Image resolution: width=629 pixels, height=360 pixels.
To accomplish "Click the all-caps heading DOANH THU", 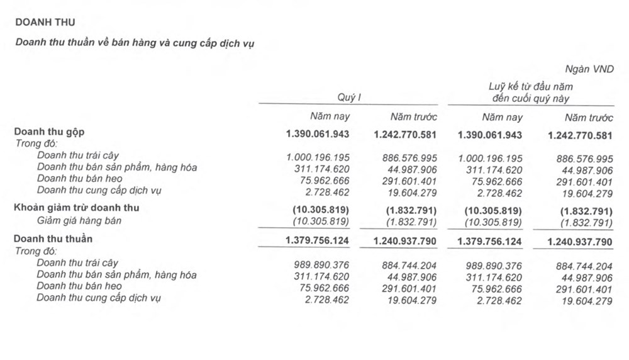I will point(45,22).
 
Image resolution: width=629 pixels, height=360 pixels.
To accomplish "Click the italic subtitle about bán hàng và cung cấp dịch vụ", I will point(135,43).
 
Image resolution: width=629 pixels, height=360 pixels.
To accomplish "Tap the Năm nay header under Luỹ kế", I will point(502,117).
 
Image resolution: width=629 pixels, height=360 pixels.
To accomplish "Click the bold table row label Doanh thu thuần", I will point(53,239).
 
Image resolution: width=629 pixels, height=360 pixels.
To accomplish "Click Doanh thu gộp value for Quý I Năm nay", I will point(317,135).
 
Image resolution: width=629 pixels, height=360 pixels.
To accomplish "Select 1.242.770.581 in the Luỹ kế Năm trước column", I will point(580,135).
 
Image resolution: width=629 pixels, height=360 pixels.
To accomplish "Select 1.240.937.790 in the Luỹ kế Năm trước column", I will point(580,241).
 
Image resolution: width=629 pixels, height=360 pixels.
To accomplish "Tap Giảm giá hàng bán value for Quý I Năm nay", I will point(321,222).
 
